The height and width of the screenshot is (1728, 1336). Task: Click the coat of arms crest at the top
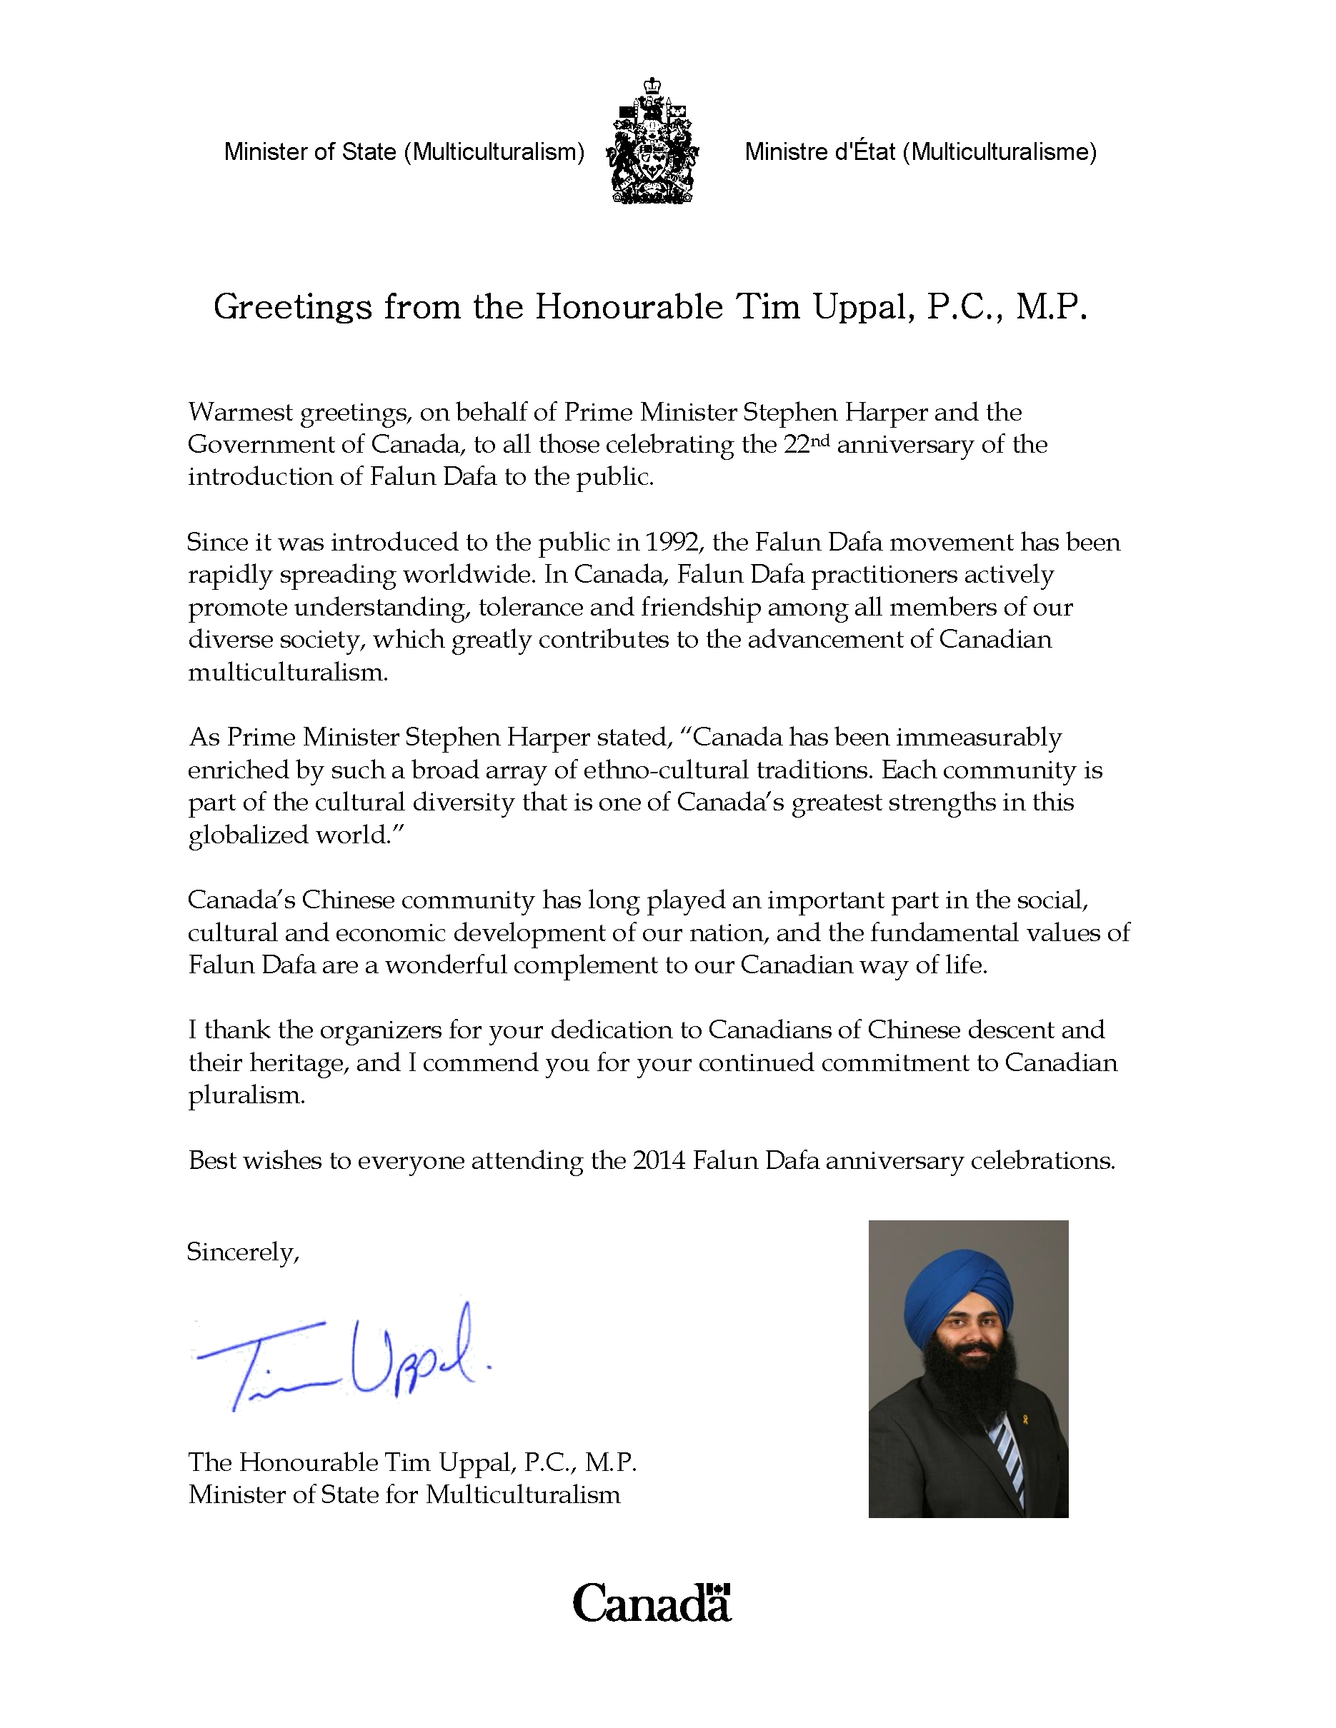tap(653, 141)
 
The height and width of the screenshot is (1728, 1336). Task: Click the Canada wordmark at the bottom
tap(651, 1603)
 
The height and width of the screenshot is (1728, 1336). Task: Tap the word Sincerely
tap(242, 1252)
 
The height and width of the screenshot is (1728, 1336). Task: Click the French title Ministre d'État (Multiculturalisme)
tap(920, 151)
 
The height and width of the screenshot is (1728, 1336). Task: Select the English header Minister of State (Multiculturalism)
tap(404, 151)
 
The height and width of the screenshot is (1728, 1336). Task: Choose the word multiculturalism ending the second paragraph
tap(287, 673)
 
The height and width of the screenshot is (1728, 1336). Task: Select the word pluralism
tap(246, 1096)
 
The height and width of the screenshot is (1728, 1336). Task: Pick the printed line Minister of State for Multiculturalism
tap(404, 1495)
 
